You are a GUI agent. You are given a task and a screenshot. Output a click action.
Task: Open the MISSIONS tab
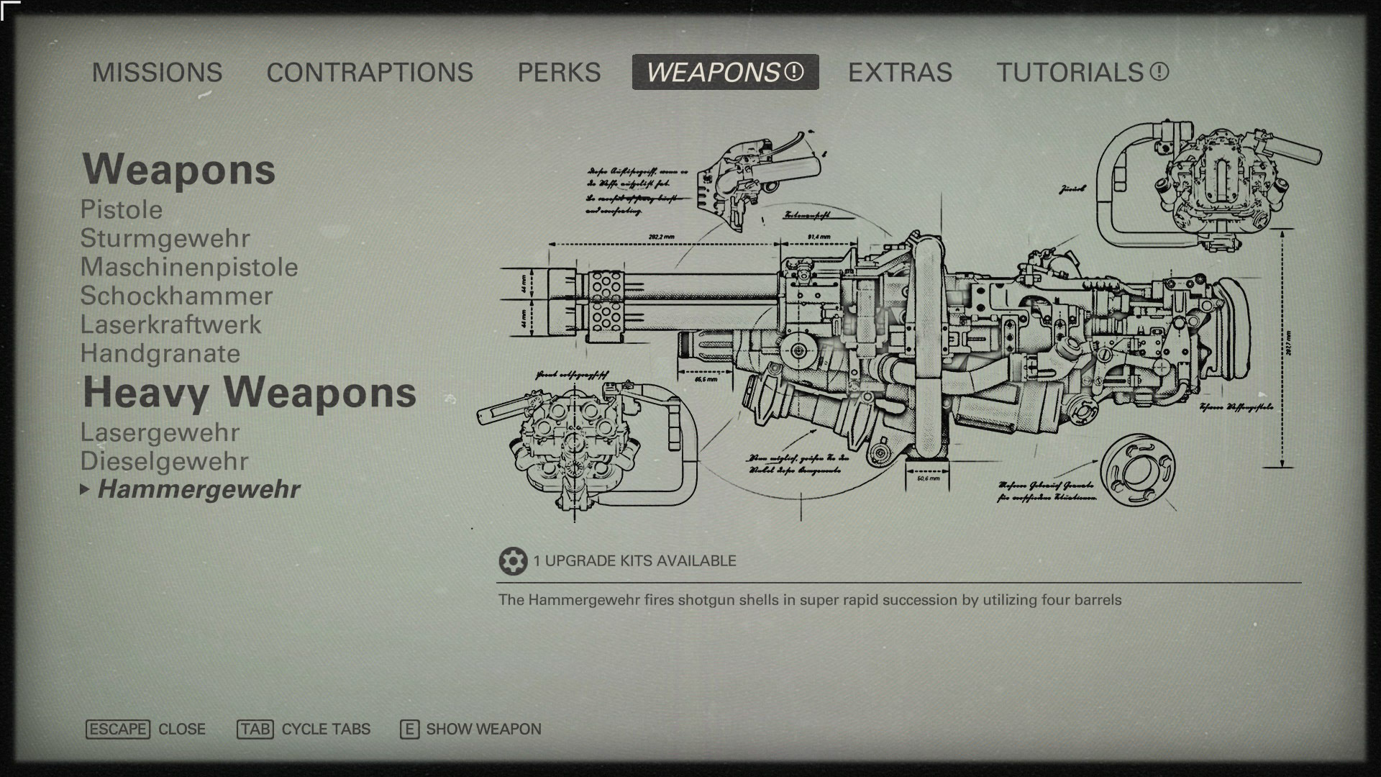(x=157, y=73)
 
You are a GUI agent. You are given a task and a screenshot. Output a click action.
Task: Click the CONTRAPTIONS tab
(x=370, y=73)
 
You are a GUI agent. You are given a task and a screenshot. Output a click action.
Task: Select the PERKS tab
(x=559, y=73)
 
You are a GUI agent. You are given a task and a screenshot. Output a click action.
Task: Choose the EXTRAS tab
(x=900, y=73)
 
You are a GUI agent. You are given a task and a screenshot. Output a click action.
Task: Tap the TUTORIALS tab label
(x=1070, y=73)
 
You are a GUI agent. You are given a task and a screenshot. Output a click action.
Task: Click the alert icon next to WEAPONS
(x=793, y=72)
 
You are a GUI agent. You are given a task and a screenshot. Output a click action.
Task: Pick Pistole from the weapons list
(x=122, y=210)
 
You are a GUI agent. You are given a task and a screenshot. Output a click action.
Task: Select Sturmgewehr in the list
(x=165, y=239)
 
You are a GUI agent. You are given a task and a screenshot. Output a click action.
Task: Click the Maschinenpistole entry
(x=189, y=268)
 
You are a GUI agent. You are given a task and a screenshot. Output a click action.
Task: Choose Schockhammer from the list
(x=176, y=296)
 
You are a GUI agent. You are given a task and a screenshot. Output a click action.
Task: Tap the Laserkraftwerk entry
(x=170, y=325)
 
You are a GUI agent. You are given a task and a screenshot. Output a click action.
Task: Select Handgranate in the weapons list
(x=160, y=354)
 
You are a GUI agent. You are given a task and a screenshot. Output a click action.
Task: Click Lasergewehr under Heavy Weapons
(x=160, y=433)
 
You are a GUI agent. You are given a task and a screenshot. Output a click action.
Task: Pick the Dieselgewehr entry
(x=164, y=462)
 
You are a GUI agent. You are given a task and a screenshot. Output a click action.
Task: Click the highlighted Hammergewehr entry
(x=199, y=490)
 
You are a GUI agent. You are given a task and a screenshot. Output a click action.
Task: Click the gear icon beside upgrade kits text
(x=512, y=561)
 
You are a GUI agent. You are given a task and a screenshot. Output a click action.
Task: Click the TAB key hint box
(x=255, y=730)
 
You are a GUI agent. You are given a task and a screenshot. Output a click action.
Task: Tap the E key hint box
(x=409, y=730)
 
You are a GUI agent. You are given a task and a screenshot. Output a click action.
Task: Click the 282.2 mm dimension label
(x=661, y=237)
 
